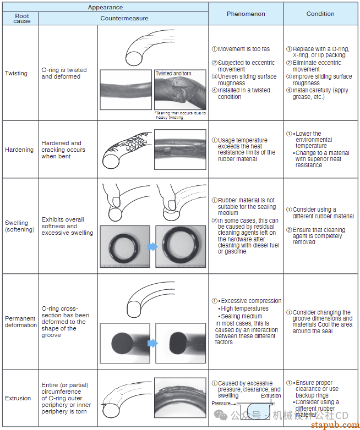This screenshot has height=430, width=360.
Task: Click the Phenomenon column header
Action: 246,14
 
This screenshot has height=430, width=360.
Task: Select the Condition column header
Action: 320,14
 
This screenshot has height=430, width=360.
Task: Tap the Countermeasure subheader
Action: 124,18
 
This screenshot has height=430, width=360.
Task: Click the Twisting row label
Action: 16,73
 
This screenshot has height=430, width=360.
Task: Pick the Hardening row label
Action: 19,150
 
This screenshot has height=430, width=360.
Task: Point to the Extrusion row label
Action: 18,398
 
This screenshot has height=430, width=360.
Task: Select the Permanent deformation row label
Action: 21,322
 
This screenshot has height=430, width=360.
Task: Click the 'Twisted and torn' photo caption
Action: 173,74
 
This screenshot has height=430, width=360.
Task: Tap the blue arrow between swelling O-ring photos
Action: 152,246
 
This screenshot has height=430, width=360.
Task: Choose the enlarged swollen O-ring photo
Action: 181,246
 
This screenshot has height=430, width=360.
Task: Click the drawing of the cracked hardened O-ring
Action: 126,149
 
